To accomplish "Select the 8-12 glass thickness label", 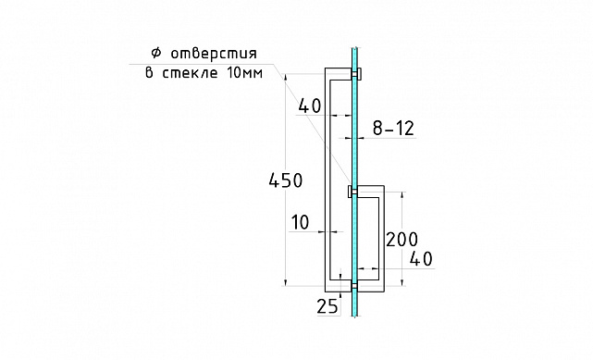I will (x=393, y=130).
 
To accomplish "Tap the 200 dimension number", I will (x=402, y=239).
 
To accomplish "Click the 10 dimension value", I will (x=300, y=222).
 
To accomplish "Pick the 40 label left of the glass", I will (x=310, y=107).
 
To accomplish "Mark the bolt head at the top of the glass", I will (x=360, y=73).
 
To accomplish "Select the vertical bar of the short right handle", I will (x=379, y=235).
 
